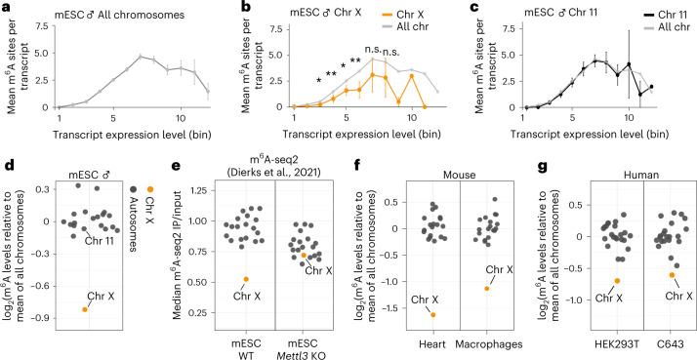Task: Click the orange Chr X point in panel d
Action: click(85, 309)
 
